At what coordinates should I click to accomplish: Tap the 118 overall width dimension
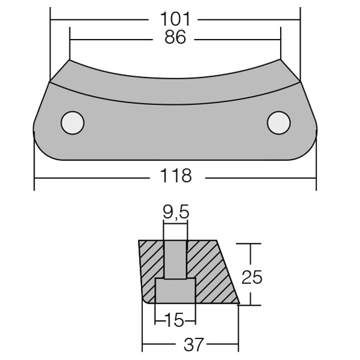pos(176,176)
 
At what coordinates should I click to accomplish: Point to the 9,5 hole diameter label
pos(175,212)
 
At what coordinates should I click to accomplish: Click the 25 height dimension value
pos(252,277)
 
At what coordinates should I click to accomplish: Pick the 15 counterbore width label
pos(175,320)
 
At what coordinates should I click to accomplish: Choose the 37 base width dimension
pos(191,344)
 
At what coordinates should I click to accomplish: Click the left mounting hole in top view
pos(72,123)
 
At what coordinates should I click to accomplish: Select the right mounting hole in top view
pos(278,123)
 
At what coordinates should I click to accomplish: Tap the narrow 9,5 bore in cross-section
pos(175,259)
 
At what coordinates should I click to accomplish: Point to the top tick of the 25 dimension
pos(251,243)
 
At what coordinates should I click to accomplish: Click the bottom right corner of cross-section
pos(238,304)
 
